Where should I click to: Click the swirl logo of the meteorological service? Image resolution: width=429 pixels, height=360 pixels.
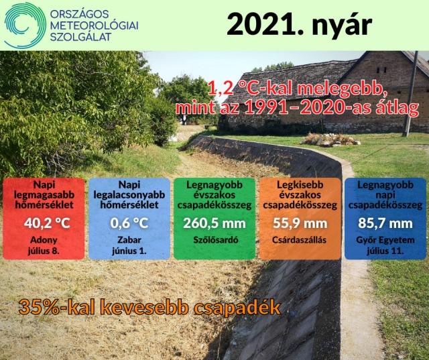pyautogui.click(x=25, y=25)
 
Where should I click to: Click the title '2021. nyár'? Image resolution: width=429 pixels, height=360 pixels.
pyautogui.click(x=300, y=24)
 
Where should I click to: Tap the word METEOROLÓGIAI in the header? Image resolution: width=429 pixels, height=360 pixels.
pyautogui.click(x=95, y=25)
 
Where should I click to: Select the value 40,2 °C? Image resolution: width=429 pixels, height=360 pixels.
pyautogui.click(x=47, y=223)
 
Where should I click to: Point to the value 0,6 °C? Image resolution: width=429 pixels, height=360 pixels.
pyautogui.click(x=129, y=223)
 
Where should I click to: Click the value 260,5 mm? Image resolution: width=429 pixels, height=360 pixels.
pyautogui.click(x=214, y=223)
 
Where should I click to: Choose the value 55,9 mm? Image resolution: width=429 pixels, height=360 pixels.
pyautogui.click(x=300, y=223)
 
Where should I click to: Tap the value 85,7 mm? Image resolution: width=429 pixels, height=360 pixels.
pyautogui.click(x=385, y=223)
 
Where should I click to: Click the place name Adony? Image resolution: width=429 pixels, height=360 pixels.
pyautogui.click(x=44, y=240)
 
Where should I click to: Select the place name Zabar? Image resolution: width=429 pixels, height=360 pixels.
pyautogui.click(x=129, y=240)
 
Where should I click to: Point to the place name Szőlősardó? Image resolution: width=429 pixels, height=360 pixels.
pyautogui.click(x=216, y=240)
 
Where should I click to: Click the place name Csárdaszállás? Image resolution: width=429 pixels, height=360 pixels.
pyautogui.click(x=300, y=240)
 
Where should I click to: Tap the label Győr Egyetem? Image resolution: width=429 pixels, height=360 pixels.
pyautogui.click(x=385, y=240)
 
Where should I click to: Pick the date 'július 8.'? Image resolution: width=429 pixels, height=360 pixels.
pyautogui.click(x=44, y=251)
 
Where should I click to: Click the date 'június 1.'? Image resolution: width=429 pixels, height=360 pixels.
pyautogui.click(x=129, y=251)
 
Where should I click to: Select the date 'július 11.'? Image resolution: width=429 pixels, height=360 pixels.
pyautogui.click(x=385, y=251)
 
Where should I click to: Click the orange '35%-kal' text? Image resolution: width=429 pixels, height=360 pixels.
pyautogui.click(x=56, y=308)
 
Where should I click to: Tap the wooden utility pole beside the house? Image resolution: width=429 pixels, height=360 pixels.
pyautogui.click(x=411, y=94)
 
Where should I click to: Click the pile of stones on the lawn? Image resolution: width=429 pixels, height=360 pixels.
pyautogui.click(x=330, y=140)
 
